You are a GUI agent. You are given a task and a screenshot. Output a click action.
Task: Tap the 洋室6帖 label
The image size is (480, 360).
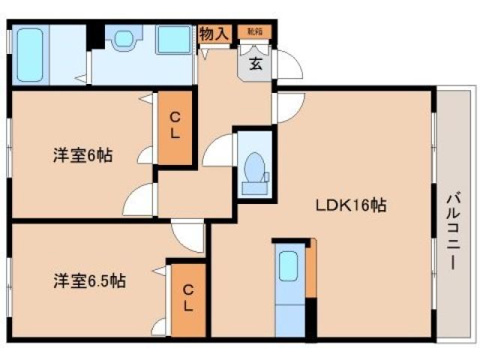82,157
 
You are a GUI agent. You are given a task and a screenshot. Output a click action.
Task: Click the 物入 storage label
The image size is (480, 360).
214,34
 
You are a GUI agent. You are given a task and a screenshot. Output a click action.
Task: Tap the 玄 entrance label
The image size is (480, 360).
256,64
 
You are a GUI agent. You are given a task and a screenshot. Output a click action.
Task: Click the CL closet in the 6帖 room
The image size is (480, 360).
174,125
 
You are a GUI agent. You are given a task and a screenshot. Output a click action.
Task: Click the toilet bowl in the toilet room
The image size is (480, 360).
254,166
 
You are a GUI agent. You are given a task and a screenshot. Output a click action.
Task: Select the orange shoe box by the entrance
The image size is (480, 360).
254,31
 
